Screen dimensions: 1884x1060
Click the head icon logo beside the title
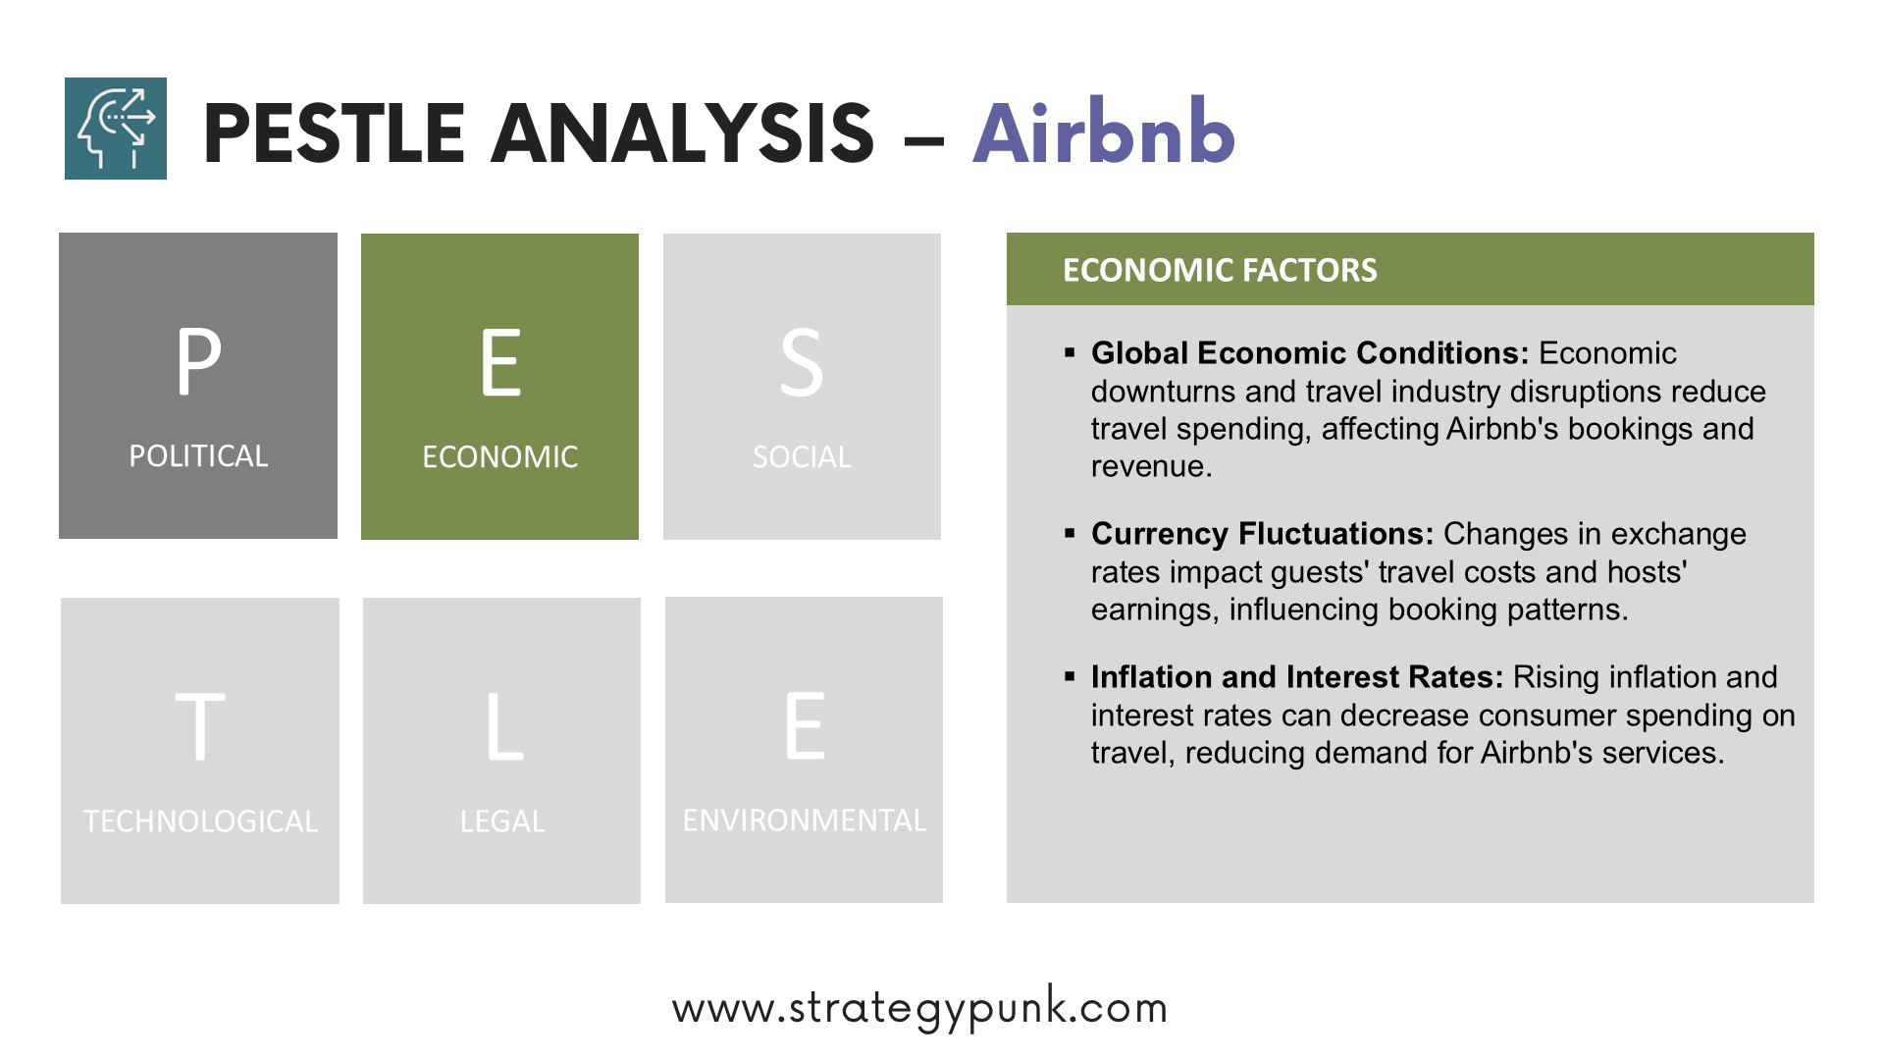116,129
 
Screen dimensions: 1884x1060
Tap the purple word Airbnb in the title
1104,132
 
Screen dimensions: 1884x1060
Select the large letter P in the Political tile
198,361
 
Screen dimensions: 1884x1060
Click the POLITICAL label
198,456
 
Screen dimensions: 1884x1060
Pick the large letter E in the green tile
500,363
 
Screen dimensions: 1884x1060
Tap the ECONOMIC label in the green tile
500,457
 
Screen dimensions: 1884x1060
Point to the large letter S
802,363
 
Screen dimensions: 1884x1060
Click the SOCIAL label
802,457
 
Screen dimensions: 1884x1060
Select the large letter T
200,726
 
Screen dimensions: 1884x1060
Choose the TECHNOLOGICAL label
200,821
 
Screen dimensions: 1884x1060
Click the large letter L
505,726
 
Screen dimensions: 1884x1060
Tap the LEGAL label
502,821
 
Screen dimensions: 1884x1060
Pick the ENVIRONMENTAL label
805,821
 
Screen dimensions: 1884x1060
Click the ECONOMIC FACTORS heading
1220,270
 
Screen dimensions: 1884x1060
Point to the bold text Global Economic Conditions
1310,353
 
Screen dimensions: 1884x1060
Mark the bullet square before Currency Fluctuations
1070,533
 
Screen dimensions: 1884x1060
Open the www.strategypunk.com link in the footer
920,1008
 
